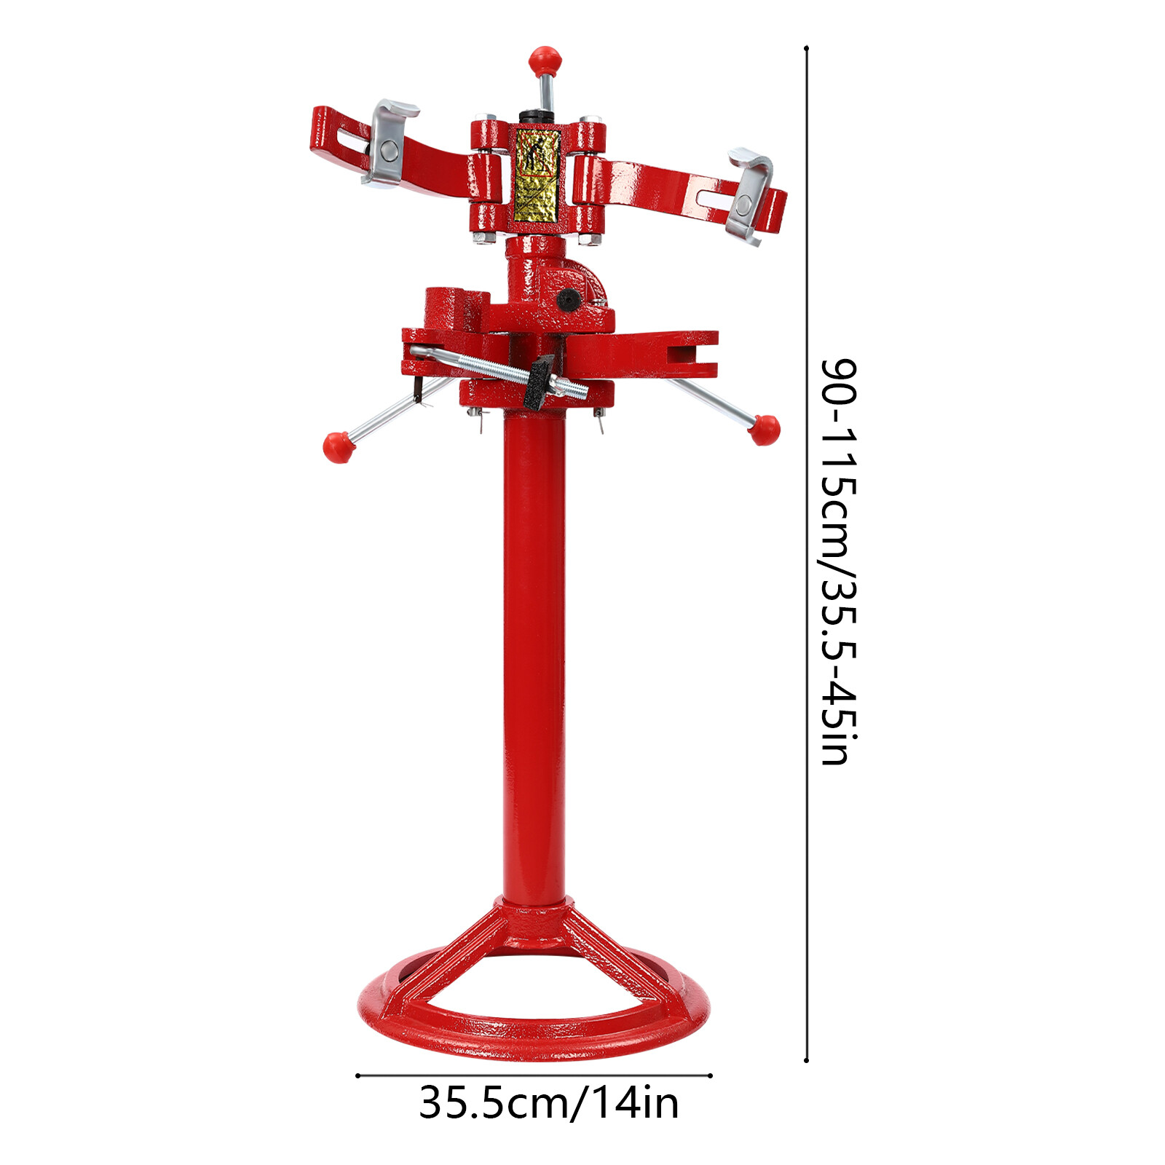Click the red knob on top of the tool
tap(545, 60)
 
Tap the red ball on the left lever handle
tap(338, 446)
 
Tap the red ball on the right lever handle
tap(764, 429)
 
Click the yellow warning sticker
tap(537, 175)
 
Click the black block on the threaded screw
tap(539, 380)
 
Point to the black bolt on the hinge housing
tap(567, 299)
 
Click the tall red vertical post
tap(534, 655)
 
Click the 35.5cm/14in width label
tap(548, 1104)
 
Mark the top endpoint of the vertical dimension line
tap(806, 49)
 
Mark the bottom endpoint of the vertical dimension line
tap(806, 1060)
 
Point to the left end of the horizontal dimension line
tap(358, 1075)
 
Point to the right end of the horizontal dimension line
tap(710, 1075)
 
